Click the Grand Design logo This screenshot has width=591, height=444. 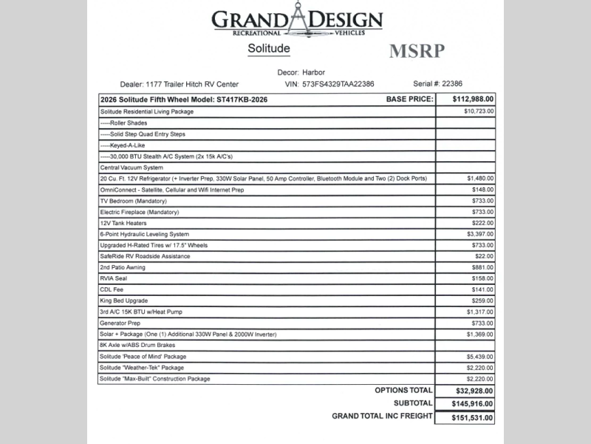298,23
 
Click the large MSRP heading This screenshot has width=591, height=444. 417,53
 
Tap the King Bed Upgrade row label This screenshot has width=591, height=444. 123,301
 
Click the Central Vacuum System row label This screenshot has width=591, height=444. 131,167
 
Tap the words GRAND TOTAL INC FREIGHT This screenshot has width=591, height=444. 382,417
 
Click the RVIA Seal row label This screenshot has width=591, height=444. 114,278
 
